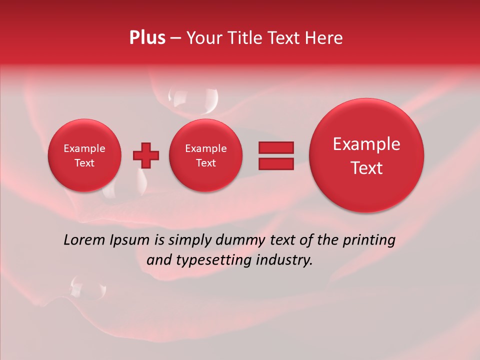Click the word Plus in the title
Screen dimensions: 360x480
[147, 38]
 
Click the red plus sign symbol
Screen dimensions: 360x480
[146, 155]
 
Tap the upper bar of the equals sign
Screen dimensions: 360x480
[275, 147]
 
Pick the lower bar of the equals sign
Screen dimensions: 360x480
[275, 164]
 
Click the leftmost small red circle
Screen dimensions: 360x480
[84, 155]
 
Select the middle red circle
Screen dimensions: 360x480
[206, 155]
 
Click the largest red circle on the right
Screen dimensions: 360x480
[366, 155]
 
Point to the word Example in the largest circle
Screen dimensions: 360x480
[366, 144]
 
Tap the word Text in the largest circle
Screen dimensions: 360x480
[366, 168]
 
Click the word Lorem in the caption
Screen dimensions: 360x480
[84, 240]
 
